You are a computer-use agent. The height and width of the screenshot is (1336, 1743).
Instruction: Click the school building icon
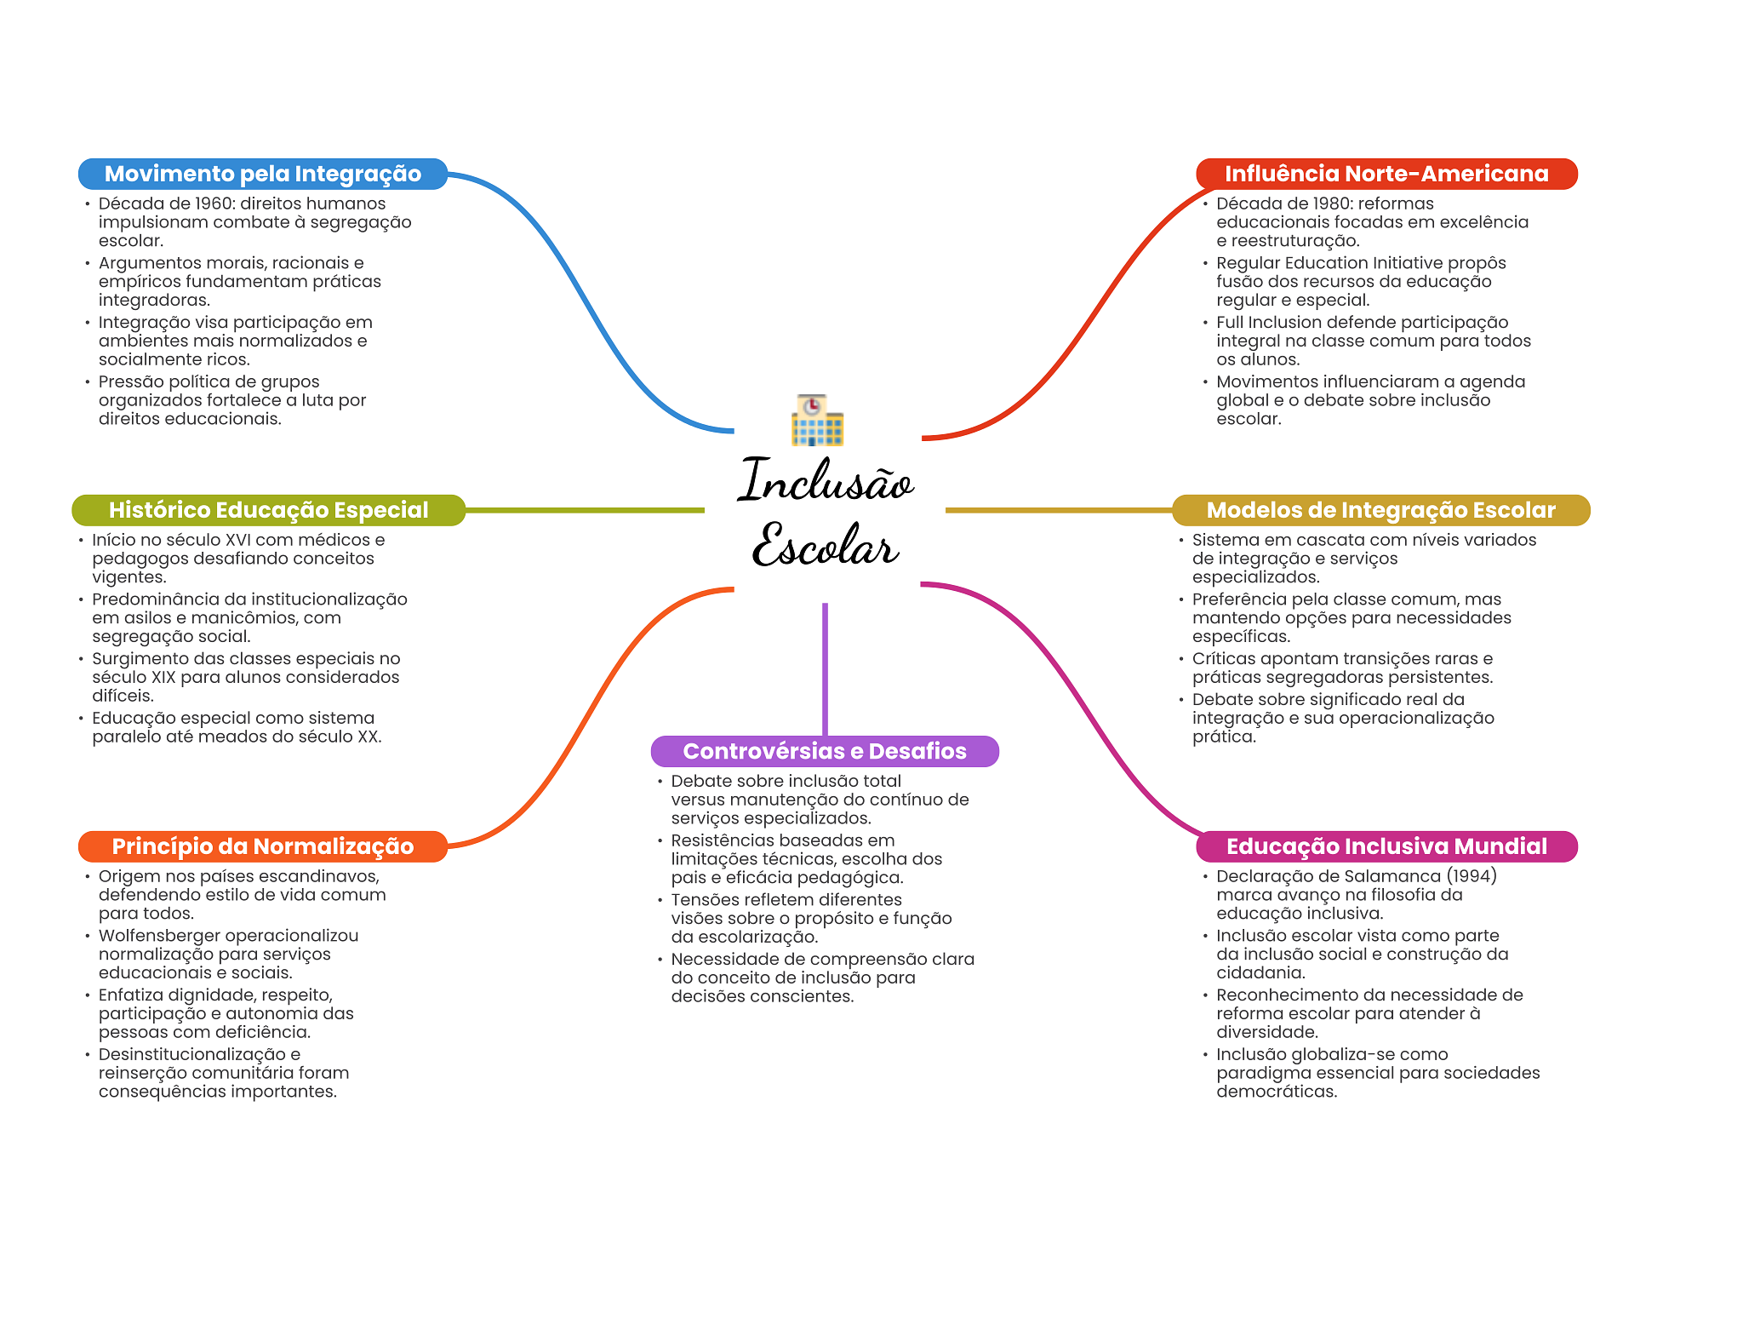pos(816,420)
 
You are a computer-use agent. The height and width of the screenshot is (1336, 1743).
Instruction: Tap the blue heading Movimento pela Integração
pos(262,174)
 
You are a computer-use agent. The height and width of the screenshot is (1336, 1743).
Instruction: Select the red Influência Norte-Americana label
pos(1386,174)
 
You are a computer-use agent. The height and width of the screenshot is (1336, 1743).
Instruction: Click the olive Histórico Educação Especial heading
pos(268,510)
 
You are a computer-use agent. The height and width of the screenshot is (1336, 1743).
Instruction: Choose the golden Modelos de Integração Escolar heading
pos(1380,510)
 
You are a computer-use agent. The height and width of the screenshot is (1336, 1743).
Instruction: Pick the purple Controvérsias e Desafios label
pos(824,751)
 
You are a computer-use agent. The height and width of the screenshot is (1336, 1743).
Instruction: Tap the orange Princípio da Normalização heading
pos(262,846)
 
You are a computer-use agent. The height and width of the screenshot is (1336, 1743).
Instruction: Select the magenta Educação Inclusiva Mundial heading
pos(1386,846)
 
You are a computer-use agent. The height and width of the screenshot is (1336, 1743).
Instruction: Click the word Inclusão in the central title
pos(825,482)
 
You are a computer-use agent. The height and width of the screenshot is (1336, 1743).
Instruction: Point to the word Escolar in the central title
pos(825,546)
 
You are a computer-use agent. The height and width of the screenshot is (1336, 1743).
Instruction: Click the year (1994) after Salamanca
pos(1472,876)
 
